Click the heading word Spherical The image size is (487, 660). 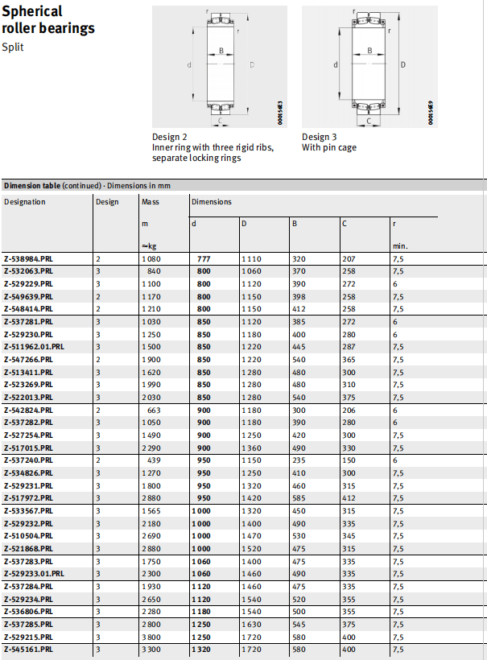[x=33, y=12]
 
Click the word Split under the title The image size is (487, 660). [x=14, y=47]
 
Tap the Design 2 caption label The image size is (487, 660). [x=171, y=137]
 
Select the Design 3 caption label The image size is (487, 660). [x=320, y=137]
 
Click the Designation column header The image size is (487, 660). [x=25, y=202]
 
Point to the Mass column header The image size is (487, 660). [x=151, y=202]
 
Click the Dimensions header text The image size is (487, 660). [x=212, y=202]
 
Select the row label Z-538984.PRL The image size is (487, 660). [x=28, y=259]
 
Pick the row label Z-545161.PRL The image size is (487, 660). [x=28, y=649]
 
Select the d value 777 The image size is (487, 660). [x=204, y=259]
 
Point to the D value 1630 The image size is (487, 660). [x=251, y=624]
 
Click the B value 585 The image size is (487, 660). [x=299, y=498]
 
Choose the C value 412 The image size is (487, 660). [x=349, y=498]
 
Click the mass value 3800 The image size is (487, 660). [x=151, y=636]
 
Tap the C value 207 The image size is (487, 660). [x=349, y=259]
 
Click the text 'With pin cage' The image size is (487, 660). [x=329, y=148]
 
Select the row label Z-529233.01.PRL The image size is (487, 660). [x=35, y=573]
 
